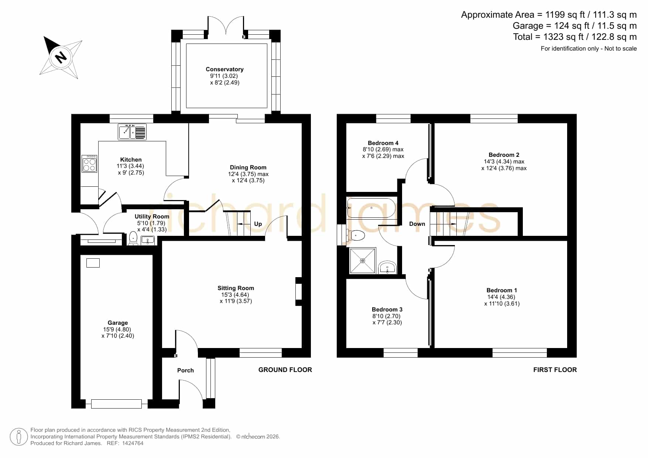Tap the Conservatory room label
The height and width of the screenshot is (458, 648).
224,69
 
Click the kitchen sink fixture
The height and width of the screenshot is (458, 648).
132,132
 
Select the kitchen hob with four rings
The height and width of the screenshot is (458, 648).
89,164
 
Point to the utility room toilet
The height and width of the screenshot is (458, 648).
133,239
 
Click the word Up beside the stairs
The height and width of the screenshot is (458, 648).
258,224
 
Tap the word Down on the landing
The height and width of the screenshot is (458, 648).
417,224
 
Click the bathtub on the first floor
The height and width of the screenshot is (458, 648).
371,208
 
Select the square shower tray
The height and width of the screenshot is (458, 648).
363,261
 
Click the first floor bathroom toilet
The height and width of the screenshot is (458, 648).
356,235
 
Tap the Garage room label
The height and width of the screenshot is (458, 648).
118,323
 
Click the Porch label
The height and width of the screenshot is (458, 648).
185,371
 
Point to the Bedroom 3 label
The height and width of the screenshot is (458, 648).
387,310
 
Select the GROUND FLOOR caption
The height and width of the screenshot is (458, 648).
285,370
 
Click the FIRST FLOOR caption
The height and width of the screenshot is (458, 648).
555,370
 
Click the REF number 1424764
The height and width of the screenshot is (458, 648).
133,443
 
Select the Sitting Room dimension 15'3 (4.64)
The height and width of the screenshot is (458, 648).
235,295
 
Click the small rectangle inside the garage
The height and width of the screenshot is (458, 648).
93,263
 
